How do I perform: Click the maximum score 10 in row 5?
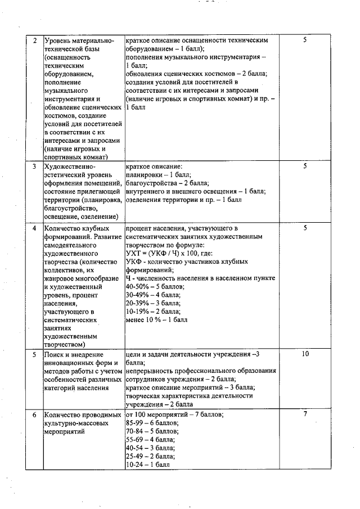[x=305, y=354]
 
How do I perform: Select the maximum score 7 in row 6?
[x=305, y=415]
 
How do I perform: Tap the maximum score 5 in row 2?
[x=305, y=41]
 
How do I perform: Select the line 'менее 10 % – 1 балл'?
[x=157, y=320]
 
